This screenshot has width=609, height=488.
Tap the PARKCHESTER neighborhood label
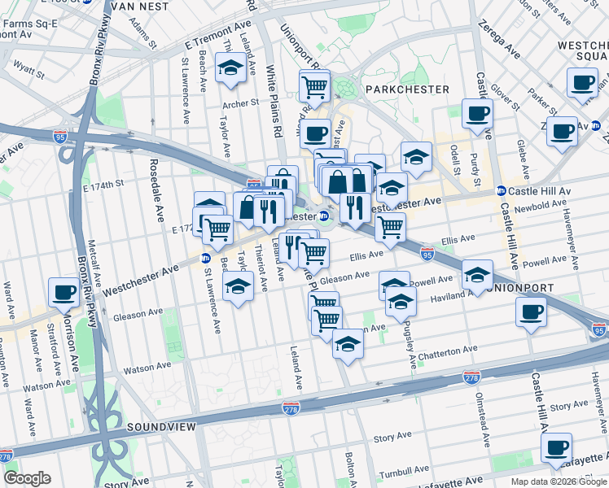[406, 89]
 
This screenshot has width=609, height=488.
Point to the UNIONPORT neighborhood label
[521, 288]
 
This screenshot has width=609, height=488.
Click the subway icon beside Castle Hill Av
[501, 191]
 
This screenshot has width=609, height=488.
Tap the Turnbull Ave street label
[401, 469]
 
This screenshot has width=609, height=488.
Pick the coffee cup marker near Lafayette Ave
[557, 447]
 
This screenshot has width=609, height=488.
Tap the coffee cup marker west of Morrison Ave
[64, 292]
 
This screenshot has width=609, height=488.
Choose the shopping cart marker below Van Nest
[314, 85]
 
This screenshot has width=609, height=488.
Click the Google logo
[27, 478]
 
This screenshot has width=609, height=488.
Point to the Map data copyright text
[559, 481]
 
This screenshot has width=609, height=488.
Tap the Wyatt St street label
[30, 72]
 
